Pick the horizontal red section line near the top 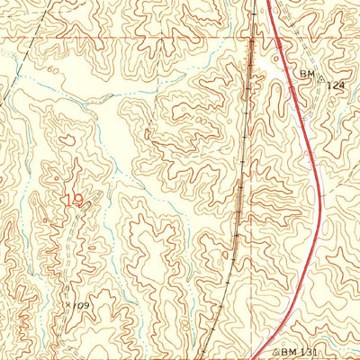[135, 38]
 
